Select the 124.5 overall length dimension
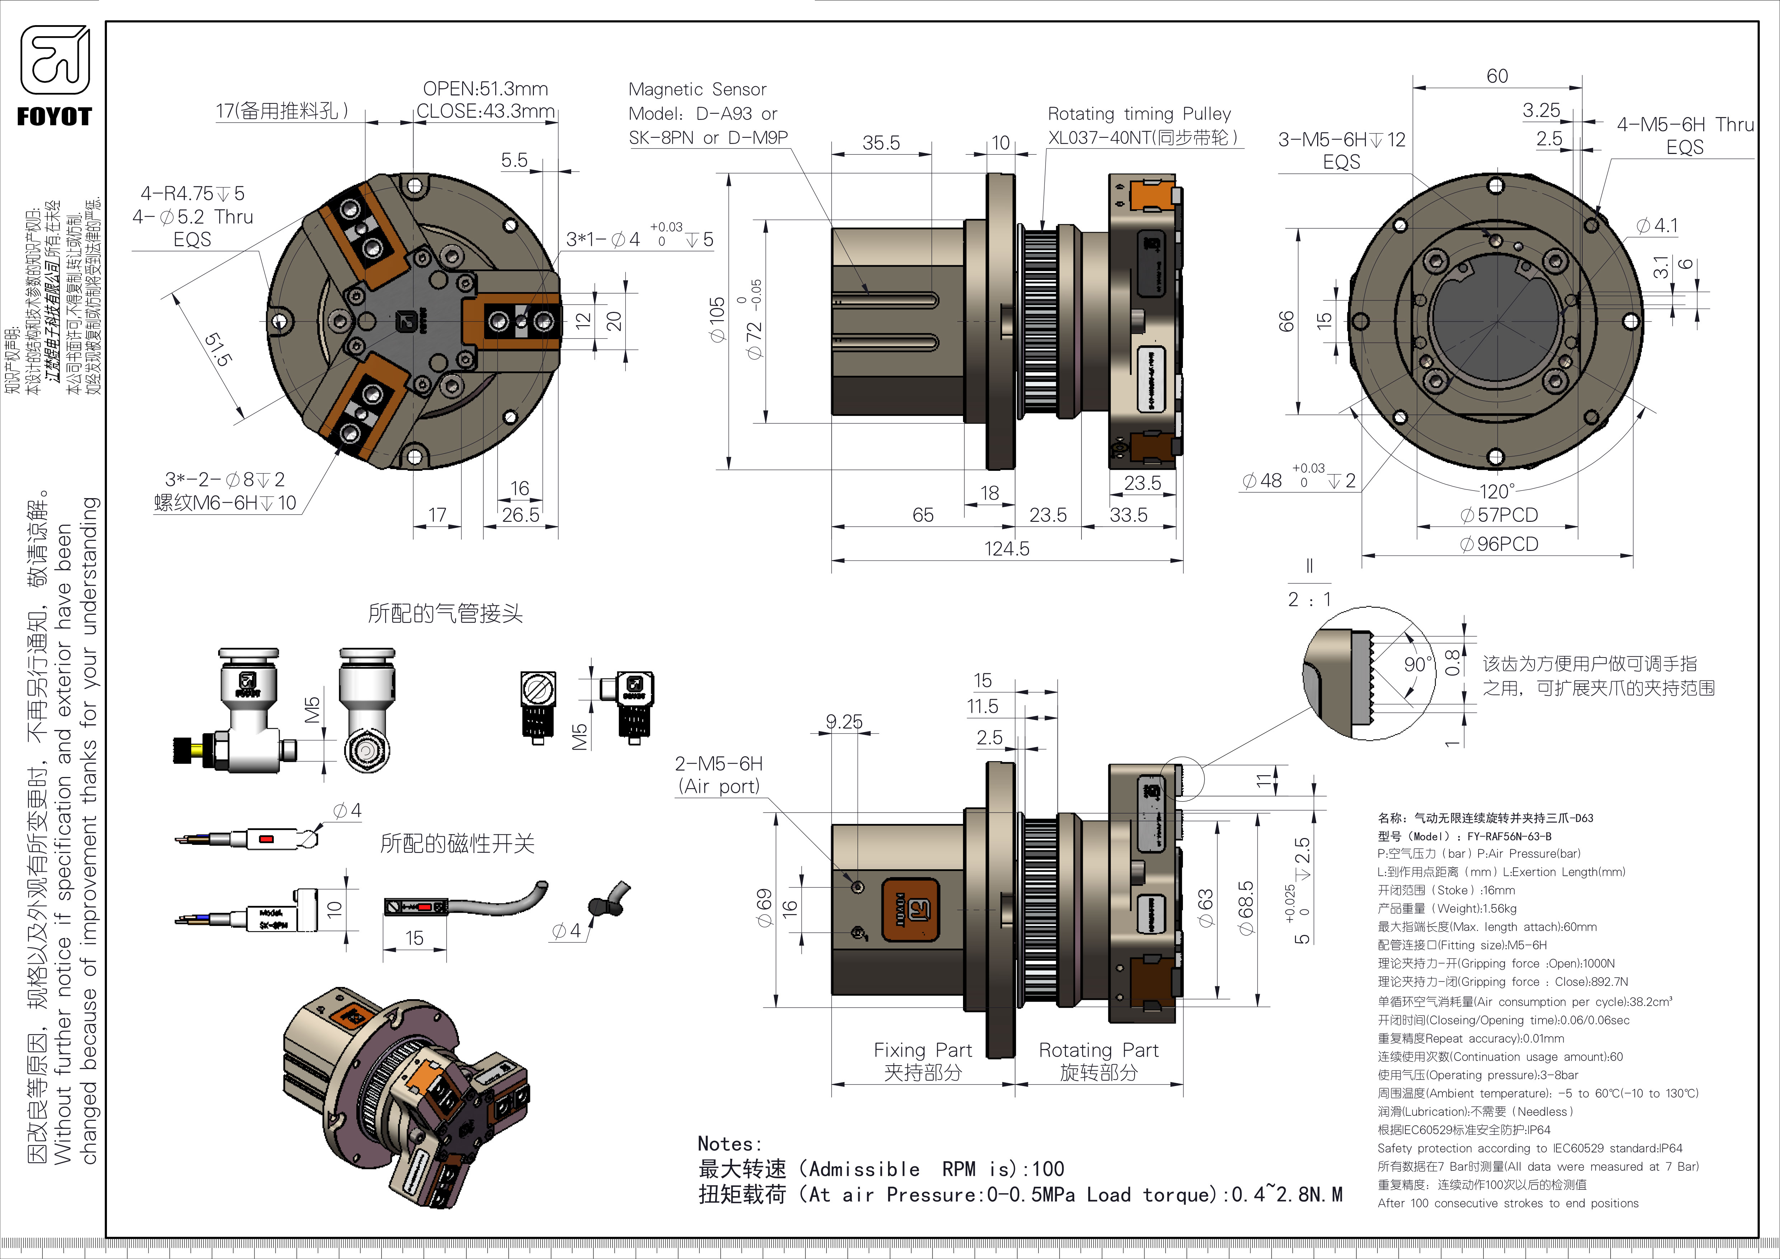pos(1006,549)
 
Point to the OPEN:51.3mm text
pos(485,88)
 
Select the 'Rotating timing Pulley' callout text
pos(1139,114)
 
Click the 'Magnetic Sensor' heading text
pos(697,89)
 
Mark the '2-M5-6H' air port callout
pos(719,764)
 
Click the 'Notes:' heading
pos(729,1143)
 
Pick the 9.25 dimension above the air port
pos(844,722)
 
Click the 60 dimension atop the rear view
pos(1497,76)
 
